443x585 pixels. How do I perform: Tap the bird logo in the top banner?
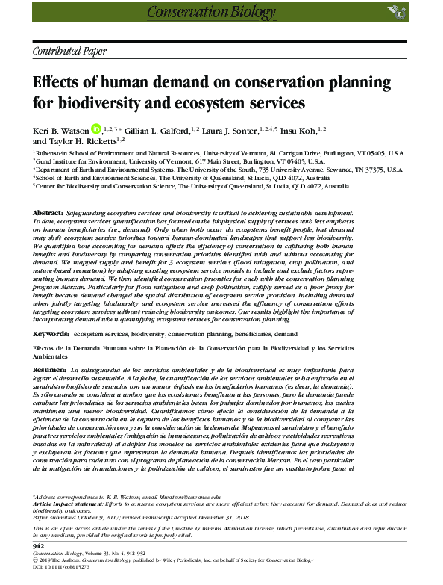[x=392, y=11]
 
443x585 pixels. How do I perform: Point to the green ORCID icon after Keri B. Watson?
[x=95, y=129]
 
